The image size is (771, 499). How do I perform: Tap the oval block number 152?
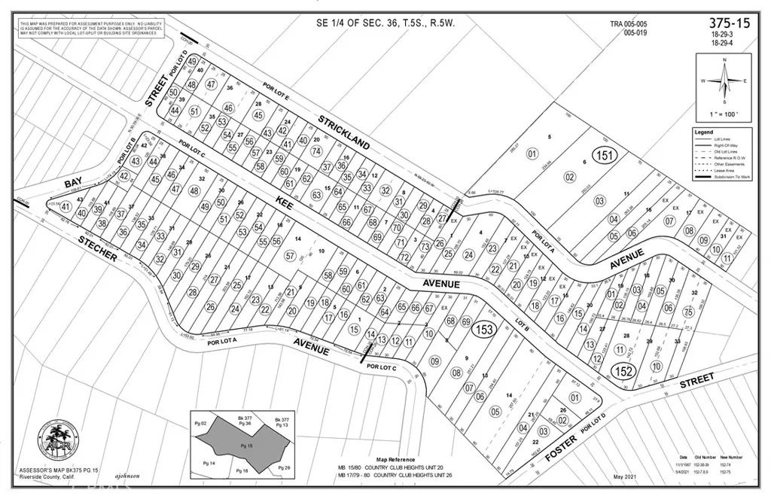623,370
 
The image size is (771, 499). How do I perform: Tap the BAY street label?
73,183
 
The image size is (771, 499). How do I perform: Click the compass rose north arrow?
723,80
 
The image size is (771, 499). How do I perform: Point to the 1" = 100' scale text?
723,114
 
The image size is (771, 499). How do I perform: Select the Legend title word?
707,132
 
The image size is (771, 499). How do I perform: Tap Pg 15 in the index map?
243,446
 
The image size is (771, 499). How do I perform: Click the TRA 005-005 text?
629,24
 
